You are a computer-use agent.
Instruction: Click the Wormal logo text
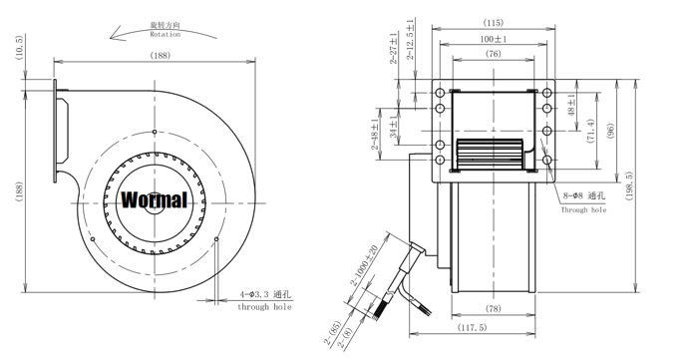[154, 199]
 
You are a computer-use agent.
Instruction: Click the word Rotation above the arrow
[165, 35]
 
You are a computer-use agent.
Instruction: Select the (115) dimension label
[494, 22]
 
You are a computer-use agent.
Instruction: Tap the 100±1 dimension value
[494, 39]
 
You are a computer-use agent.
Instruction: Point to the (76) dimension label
[494, 54]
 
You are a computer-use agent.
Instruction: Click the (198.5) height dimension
[629, 185]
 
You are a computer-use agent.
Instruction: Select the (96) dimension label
[610, 131]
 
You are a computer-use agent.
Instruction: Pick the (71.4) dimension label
[591, 132]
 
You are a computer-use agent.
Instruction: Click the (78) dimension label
[494, 308]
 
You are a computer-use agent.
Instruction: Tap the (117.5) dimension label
[472, 327]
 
